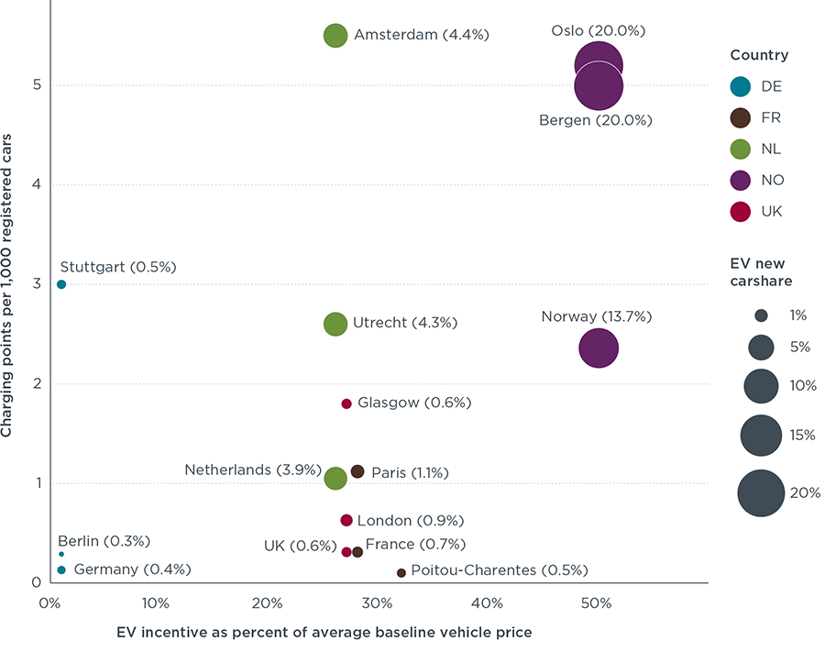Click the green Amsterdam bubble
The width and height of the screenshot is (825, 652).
tap(335, 35)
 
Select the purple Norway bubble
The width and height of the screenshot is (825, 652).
tap(599, 348)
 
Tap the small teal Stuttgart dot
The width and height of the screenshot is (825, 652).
tap(61, 284)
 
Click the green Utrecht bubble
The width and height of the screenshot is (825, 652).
tap(335, 324)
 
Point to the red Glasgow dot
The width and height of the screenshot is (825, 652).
tap(346, 403)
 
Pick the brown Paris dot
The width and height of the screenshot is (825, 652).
tap(357, 471)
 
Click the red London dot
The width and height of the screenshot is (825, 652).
tap(346, 520)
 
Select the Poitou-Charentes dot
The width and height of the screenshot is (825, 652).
tap(401, 572)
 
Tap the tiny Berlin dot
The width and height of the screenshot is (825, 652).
tap(61, 554)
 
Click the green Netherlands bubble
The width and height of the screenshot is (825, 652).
tap(335, 478)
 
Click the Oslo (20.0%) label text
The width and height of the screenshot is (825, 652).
tap(598, 30)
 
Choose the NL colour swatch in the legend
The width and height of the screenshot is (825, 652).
tap(742, 149)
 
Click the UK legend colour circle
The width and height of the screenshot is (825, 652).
tap(742, 211)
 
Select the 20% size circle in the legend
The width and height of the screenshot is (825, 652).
tap(761, 493)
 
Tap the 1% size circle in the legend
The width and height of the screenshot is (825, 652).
tap(761, 315)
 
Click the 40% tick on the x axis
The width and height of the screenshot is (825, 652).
tap(487, 604)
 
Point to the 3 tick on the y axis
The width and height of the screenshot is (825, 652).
tap(36, 284)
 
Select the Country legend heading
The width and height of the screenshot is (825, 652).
tap(758, 55)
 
